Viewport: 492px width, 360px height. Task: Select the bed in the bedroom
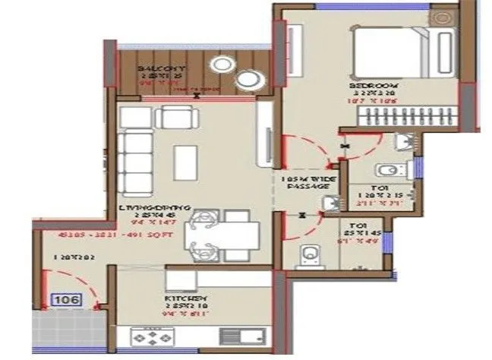(x=394, y=52)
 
